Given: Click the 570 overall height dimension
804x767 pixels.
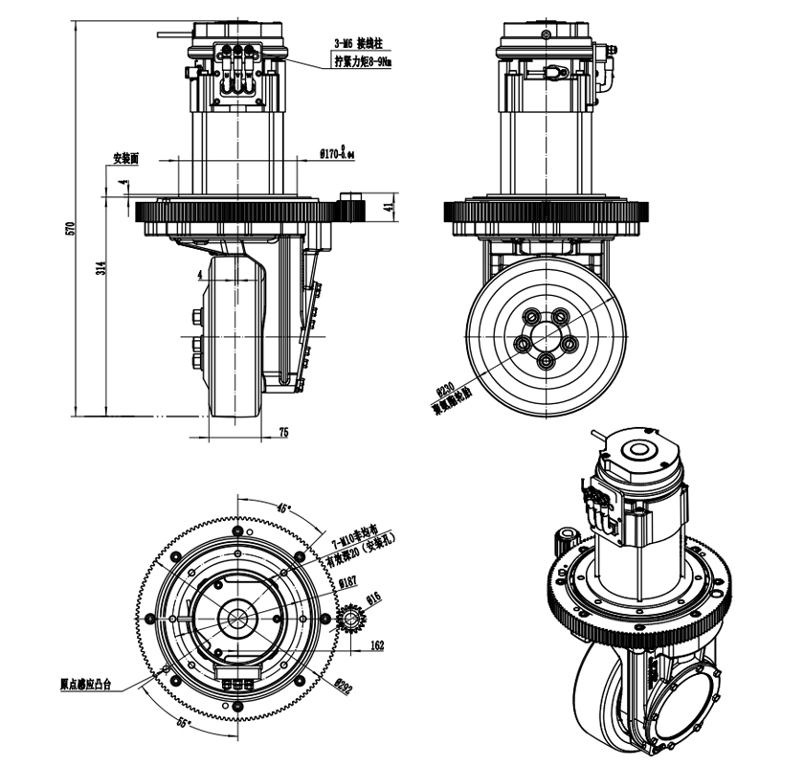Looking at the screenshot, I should tap(68, 229).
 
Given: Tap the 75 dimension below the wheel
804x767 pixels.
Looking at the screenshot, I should tap(283, 433).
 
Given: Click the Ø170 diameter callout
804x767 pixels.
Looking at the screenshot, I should tap(336, 152).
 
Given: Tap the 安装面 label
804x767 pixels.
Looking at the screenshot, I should tap(126, 158).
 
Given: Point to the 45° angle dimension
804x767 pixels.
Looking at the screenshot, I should tap(283, 507).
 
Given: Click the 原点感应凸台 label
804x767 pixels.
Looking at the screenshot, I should tap(85, 685).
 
